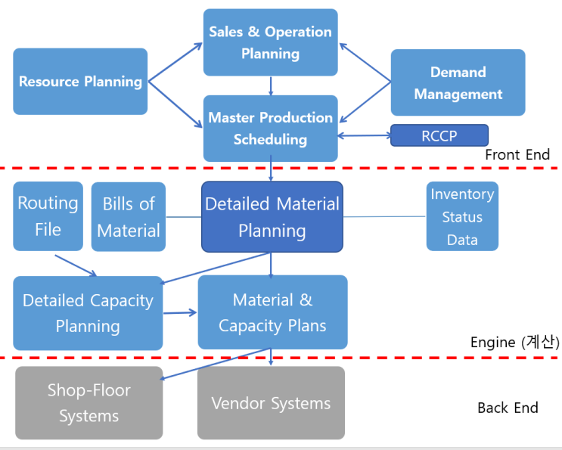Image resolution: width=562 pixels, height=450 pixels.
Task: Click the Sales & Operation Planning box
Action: coord(270,42)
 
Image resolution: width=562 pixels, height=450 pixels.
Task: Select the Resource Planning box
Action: coord(80,82)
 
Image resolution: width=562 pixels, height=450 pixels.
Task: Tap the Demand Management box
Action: coord(458,82)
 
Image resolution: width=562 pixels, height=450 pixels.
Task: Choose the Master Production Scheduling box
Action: coord(270,128)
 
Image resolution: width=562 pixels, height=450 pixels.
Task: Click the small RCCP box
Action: coord(439,136)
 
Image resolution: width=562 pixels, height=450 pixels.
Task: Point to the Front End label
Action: coord(517,155)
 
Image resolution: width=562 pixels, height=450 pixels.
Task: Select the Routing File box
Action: coord(48,216)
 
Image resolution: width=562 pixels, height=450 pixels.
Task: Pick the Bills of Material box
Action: coord(128,216)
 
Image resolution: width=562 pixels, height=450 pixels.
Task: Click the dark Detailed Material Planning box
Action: coord(272,216)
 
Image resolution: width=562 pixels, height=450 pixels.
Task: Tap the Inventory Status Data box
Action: coord(461,216)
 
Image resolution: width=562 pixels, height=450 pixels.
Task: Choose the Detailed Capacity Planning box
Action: coord(88,313)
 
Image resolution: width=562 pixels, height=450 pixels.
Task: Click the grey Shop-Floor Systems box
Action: coord(88,403)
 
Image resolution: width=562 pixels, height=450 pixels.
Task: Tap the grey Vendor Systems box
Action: coord(271,403)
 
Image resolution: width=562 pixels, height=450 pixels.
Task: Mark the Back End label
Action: coord(508,408)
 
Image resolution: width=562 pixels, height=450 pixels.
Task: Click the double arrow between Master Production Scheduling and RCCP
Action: coord(364,136)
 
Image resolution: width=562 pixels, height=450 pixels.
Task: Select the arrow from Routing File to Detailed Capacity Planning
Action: coord(76,264)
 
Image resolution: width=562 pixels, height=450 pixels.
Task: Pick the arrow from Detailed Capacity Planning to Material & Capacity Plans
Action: coord(180,312)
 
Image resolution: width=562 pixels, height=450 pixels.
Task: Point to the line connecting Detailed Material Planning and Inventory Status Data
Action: coord(384,217)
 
